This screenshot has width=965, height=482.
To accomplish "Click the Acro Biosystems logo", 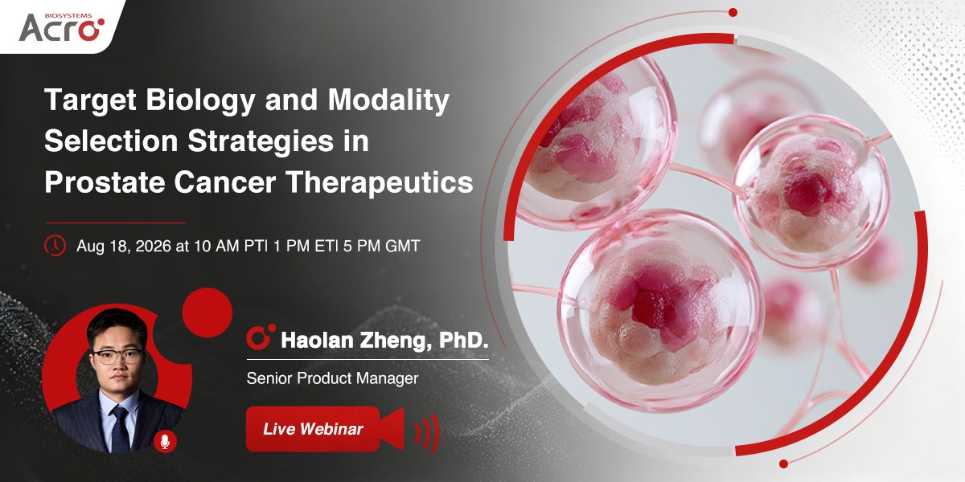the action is pyautogui.click(x=62, y=27).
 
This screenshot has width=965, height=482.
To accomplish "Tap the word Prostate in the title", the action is pyautogui.click(x=105, y=183).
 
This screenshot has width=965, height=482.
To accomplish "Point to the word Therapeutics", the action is pyautogui.click(x=380, y=183).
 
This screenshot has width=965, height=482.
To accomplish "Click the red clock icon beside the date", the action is pyautogui.click(x=55, y=246).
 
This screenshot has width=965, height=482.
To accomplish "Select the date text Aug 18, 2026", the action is pyautogui.click(x=124, y=246).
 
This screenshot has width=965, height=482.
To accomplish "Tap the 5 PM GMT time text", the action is pyautogui.click(x=381, y=246).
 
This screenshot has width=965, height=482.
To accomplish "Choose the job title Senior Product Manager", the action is pyautogui.click(x=332, y=378).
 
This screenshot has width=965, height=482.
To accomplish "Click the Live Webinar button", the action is pyautogui.click(x=313, y=429).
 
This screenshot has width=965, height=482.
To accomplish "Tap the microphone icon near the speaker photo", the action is pyautogui.click(x=165, y=442).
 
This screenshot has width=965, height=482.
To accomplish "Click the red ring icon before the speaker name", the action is pyautogui.click(x=261, y=336).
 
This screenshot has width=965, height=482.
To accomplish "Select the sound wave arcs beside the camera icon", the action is pyautogui.click(x=427, y=433).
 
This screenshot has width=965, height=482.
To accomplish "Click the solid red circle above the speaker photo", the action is pyautogui.click(x=207, y=312).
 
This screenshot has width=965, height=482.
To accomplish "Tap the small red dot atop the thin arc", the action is pyautogui.click(x=733, y=13).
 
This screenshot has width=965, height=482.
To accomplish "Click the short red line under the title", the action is pyautogui.click(x=116, y=223).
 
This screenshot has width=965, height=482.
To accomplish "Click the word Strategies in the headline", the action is pyautogui.click(x=261, y=142).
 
